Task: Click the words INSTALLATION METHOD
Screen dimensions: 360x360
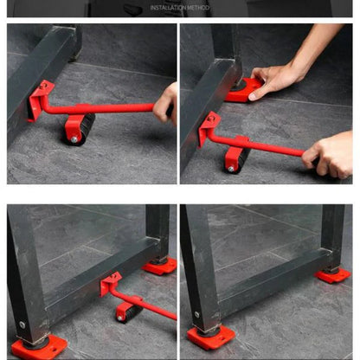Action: [x=179, y=8]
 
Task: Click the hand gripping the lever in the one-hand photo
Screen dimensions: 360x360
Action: [x=165, y=104]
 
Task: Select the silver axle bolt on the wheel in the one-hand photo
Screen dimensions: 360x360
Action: [x=75, y=138]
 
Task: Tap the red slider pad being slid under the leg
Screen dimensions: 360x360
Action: [x=243, y=89]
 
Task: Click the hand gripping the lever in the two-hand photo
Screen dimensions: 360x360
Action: [x=329, y=154]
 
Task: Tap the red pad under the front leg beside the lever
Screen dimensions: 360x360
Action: [x=39, y=347]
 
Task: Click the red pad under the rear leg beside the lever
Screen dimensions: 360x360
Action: [x=160, y=267]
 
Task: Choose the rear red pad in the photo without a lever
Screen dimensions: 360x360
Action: [x=333, y=274]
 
